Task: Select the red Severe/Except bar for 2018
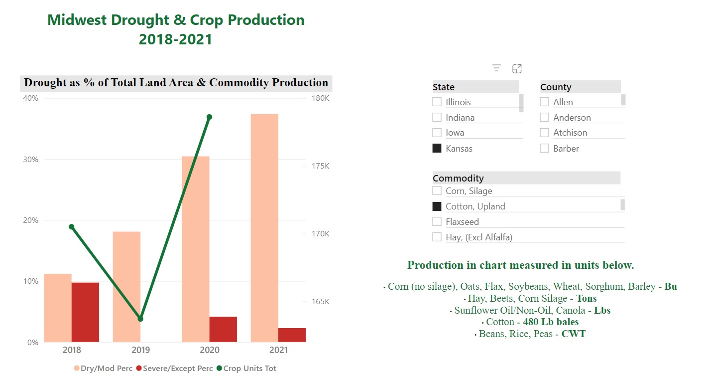[x=85, y=312]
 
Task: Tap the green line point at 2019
[x=140, y=319]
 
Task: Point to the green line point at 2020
[x=209, y=117]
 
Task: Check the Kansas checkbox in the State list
[x=437, y=148]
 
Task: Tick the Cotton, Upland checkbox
[x=437, y=206]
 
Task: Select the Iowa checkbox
[x=437, y=133]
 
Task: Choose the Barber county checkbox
[x=545, y=148]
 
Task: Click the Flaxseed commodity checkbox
[x=437, y=221]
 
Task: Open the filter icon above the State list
[x=496, y=68]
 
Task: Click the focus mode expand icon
[x=517, y=68]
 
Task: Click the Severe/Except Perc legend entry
[x=174, y=369]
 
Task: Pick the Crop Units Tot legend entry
[x=246, y=369]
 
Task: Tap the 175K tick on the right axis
[x=320, y=166]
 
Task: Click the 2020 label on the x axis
[x=209, y=350]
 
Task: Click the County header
[x=556, y=87]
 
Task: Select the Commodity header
[x=458, y=178]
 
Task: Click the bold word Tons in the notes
[x=587, y=299]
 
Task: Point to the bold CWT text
[x=574, y=334]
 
